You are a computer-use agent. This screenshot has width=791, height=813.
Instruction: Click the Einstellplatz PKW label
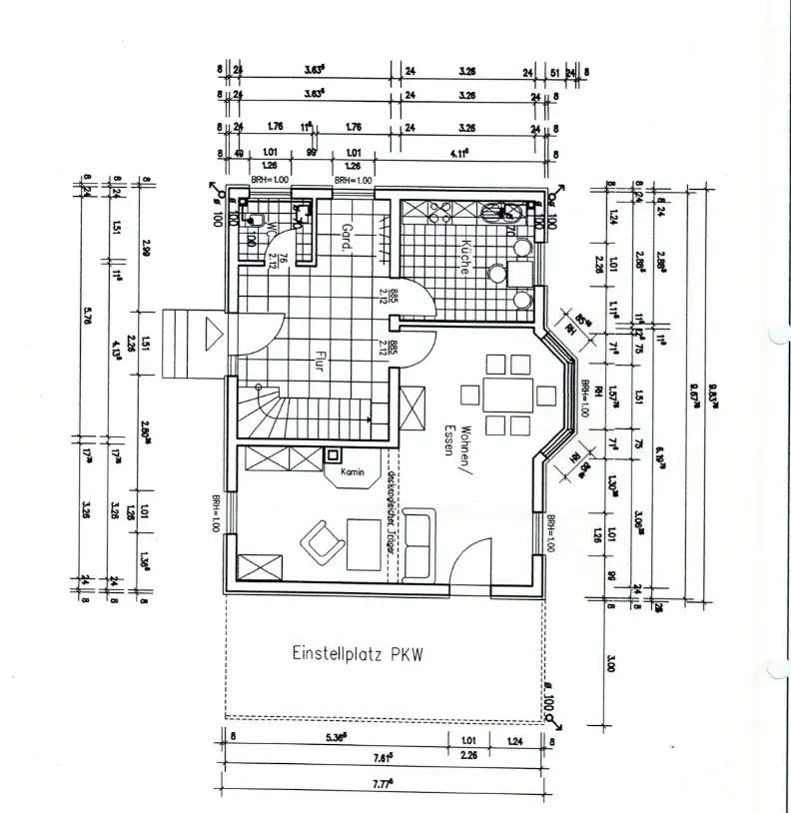click(x=358, y=655)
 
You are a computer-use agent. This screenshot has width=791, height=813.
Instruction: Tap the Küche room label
click(x=464, y=256)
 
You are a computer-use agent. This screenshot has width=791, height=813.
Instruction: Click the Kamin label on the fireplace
click(x=350, y=471)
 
